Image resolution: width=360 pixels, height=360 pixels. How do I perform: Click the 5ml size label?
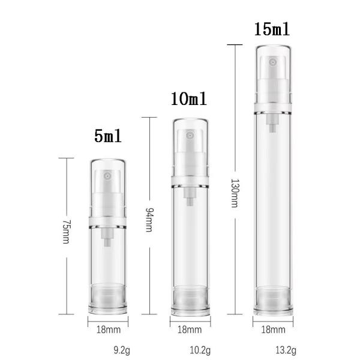pyautogui.click(x=109, y=136)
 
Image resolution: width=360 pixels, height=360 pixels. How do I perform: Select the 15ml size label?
pyautogui.click(x=274, y=29)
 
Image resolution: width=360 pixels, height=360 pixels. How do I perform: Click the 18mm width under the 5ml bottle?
pyautogui.click(x=109, y=329)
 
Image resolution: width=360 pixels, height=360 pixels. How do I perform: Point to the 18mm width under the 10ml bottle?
pyautogui.click(x=190, y=329)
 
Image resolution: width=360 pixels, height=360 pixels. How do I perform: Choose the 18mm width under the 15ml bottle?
pyautogui.click(x=274, y=329)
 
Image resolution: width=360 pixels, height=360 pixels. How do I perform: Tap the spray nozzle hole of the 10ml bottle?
pyautogui.click(x=190, y=136)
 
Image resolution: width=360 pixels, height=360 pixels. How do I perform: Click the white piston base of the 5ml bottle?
pyautogui.click(x=109, y=297)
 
